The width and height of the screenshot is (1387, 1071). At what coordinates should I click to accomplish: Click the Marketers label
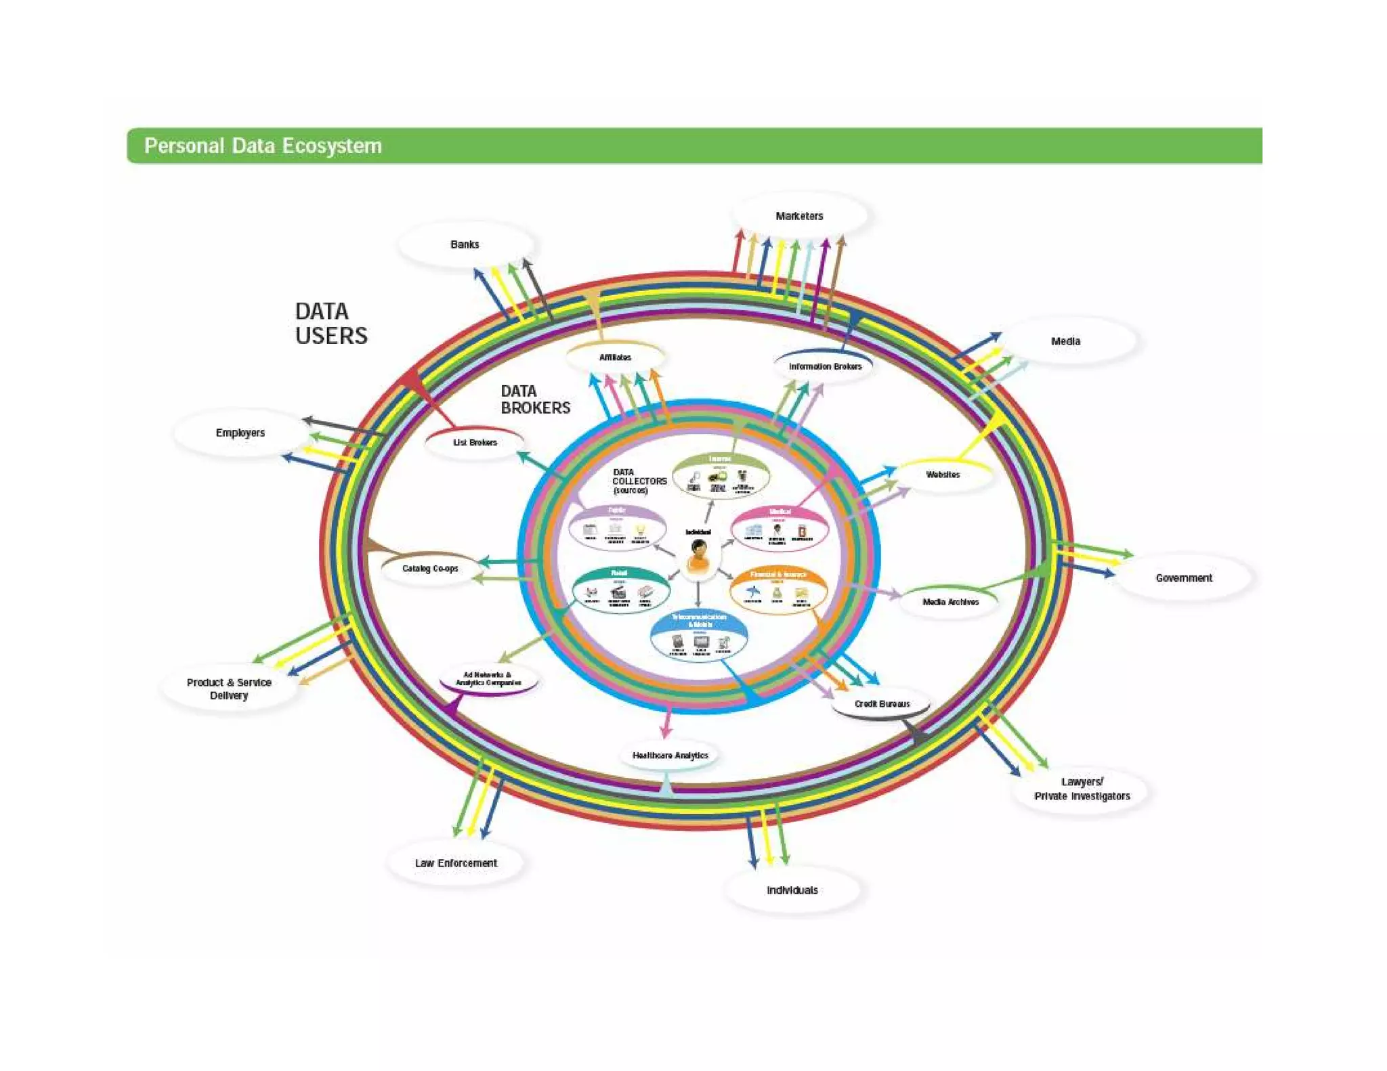[x=799, y=216]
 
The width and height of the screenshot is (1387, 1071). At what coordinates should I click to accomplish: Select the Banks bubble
[x=465, y=244]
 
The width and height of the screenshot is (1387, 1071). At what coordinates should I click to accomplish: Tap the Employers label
[x=240, y=433]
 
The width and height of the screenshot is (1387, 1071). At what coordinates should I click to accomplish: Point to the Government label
[x=1183, y=577]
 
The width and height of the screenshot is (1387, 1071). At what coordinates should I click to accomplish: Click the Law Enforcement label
[x=456, y=863]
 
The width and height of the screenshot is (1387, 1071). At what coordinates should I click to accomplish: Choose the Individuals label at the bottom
[x=792, y=890]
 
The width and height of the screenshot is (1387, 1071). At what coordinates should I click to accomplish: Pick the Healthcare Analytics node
[x=670, y=755]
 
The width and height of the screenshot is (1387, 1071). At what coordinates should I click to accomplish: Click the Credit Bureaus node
[x=882, y=704]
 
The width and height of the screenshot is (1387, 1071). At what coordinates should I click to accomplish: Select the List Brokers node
[x=475, y=443]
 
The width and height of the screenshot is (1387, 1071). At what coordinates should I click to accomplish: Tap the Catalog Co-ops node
[x=430, y=569]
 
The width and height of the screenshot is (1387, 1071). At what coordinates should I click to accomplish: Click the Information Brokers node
[x=825, y=366]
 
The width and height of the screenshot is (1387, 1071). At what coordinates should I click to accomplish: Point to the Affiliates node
[x=615, y=357]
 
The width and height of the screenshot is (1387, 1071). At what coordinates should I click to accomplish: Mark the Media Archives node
[x=950, y=602]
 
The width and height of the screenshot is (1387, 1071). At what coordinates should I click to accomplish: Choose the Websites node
[x=943, y=475]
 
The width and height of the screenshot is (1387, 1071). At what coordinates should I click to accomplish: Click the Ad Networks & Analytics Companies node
[x=488, y=679]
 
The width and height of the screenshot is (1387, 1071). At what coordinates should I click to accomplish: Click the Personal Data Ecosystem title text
[x=263, y=146]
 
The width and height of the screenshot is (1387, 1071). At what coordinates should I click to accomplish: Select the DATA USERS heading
[x=330, y=324]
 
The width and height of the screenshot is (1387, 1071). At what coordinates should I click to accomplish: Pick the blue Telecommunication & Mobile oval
[x=699, y=636]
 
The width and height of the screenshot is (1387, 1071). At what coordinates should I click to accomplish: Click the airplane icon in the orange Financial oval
[x=752, y=592]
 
